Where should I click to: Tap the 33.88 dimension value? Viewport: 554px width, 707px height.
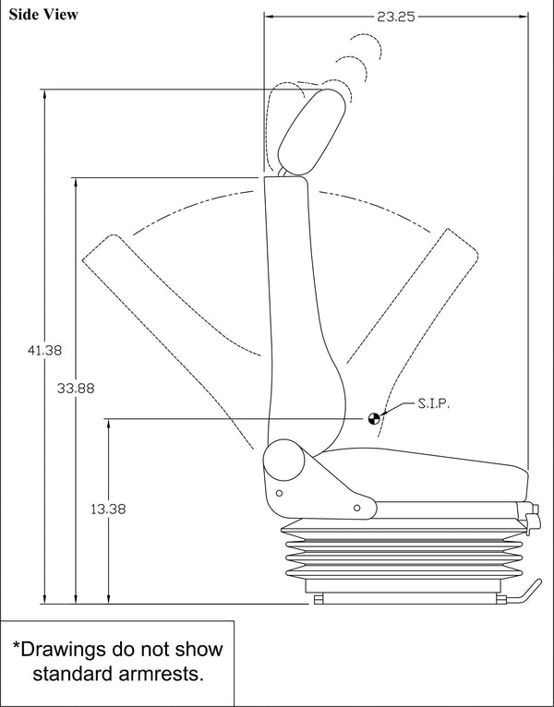[75, 388]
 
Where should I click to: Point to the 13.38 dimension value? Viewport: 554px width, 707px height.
[108, 509]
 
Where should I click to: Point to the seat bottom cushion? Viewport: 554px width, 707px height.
[425, 473]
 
